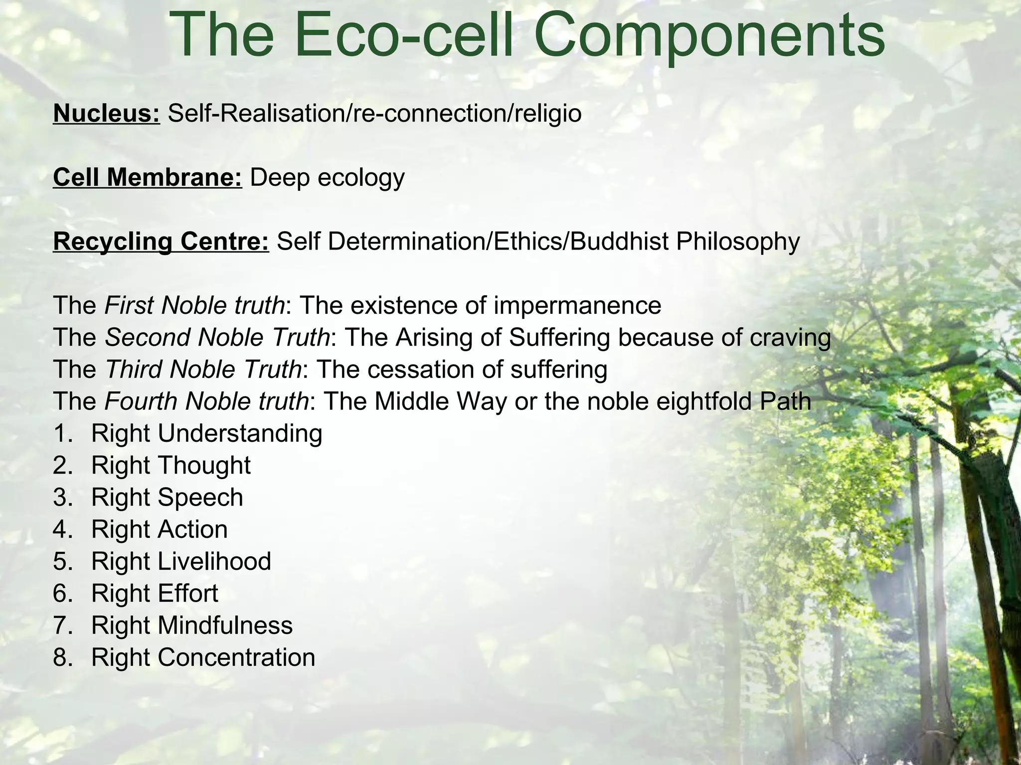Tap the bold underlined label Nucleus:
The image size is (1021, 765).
pyautogui.click(x=107, y=114)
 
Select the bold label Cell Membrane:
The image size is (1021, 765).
pyautogui.click(x=148, y=177)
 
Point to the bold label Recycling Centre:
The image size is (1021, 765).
pyautogui.click(x=161, y=242)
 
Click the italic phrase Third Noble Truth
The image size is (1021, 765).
pyautogui.click(x=203, y=370)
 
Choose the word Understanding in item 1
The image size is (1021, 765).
pyautogui.click(x=240, y=434)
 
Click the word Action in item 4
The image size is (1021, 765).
pyautogui.click(x=192, y=529)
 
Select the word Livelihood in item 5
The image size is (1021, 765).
pyautogui.click(x=214, y=561)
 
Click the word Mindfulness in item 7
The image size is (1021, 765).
pyautogui.click(x=225, y=626)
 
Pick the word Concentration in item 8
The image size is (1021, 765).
pyautogui.click(x=236, y=657)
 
